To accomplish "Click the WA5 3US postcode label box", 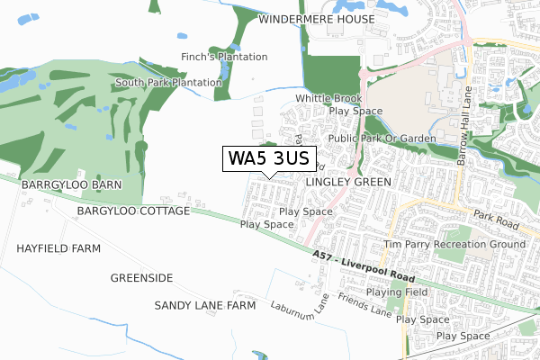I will pos(268,158).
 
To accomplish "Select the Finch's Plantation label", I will pos(225,57).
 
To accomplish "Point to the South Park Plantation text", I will pos(168,83).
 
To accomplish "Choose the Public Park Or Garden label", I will pos(382,139).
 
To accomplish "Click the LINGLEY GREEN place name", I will pos(348,182).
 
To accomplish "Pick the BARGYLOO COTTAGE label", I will pos(133,211).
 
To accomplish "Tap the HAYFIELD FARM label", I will pos(57,247).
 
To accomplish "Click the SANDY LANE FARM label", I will pos(205,306).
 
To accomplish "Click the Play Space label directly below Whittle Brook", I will pos(355,112).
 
